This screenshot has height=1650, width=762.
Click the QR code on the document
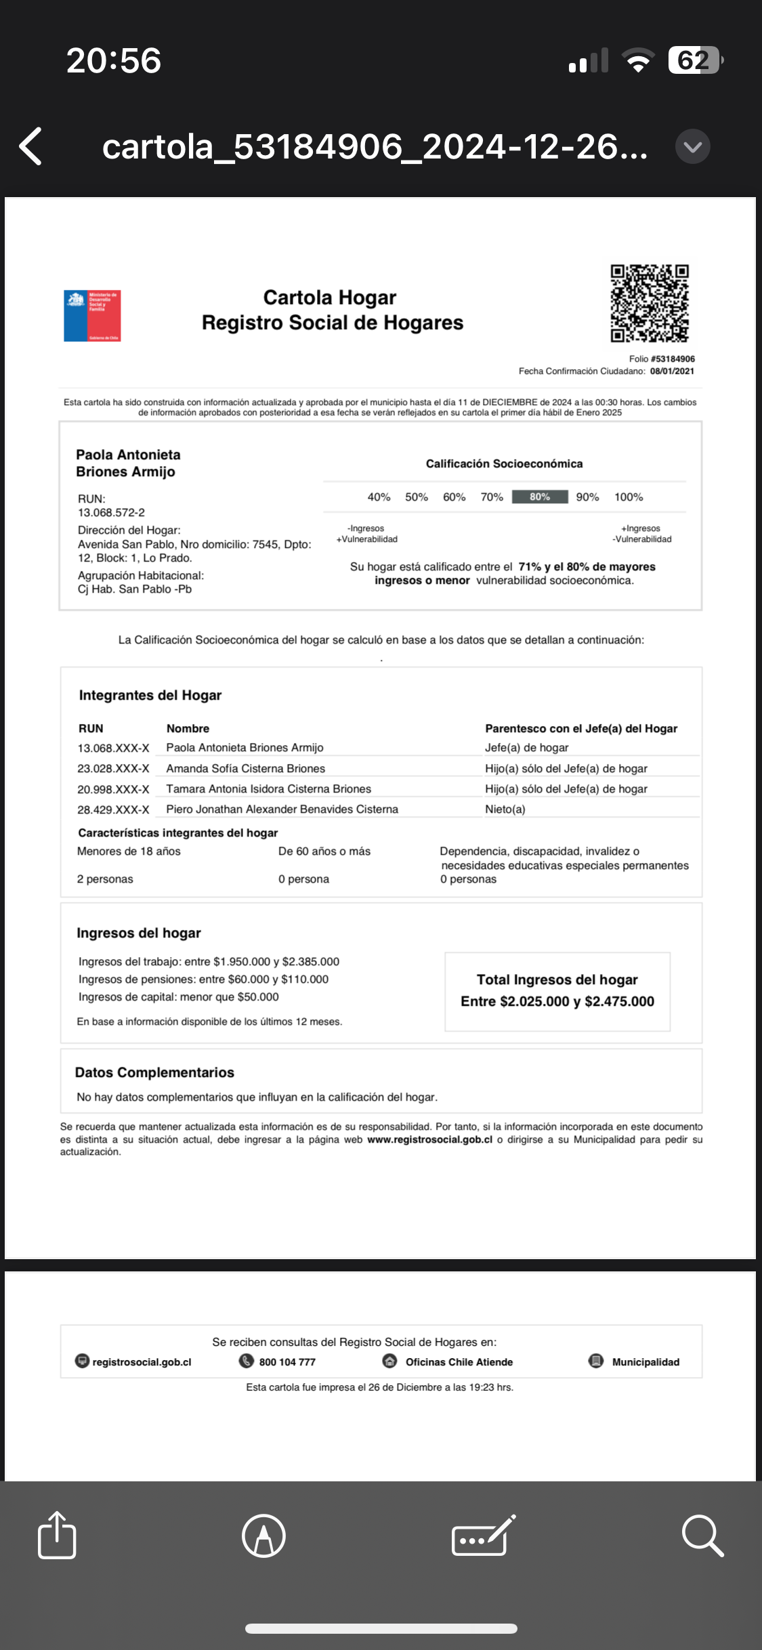point(650,303)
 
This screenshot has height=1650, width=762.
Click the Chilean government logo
point(92,316)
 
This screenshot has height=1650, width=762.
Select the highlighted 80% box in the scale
point(539,497)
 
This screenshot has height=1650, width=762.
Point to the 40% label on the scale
point(379,497)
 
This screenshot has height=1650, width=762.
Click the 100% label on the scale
point(629,497)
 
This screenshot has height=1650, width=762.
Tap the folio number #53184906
point(672,359)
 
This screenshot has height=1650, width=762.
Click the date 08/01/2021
point(672,371)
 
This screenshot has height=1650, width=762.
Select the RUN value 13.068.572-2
point(111,513)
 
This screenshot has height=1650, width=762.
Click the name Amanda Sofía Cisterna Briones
point(245,769)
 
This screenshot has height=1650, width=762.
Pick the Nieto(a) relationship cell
point(505,809)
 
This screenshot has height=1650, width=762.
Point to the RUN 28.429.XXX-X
point(113,809)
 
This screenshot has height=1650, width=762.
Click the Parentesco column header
point(581,729)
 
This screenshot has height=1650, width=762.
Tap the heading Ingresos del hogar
point(139,933)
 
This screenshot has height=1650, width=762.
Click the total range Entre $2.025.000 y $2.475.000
point(557,1002)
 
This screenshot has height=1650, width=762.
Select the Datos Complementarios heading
point(154,1073)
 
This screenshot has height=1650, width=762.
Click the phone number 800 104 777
point(287,1362)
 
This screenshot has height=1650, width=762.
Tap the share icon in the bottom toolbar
point(57,1536)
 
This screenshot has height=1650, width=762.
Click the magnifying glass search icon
point(702,1536)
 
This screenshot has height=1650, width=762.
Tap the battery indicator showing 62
point(694,60)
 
